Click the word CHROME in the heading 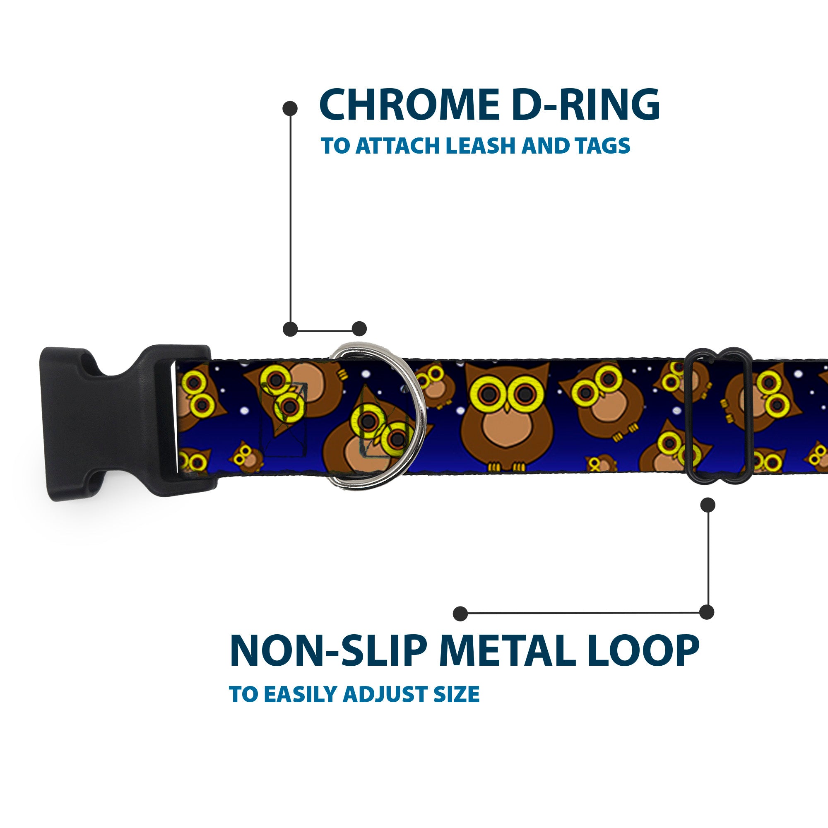pyautogui.click(x=409, y=105)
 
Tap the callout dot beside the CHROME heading pyautogui.click(x=290, y=108)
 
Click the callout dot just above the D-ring pyautogui.click(x=359, y=329)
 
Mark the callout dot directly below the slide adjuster pyautogui.click(x=707, y=505)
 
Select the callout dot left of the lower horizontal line pyautogui.click(x=460, y=613)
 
